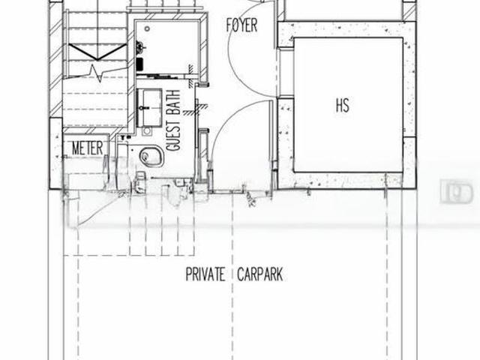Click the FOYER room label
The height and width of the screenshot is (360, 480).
point(241,25)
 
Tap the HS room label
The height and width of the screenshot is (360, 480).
point(342,104)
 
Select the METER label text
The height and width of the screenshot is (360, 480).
point(88,148)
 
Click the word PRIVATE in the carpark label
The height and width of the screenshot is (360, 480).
point(205,274)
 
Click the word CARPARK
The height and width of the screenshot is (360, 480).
point(259,274)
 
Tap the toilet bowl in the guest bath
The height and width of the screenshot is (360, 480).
point(151,157)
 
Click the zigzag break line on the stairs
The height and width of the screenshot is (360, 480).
point(96,73)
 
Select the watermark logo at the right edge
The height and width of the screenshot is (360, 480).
point(457,192)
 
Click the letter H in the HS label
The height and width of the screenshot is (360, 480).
point(337,104)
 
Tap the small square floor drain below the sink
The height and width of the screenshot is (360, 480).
point(147,132)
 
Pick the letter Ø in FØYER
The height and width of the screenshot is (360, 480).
point(235,25)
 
